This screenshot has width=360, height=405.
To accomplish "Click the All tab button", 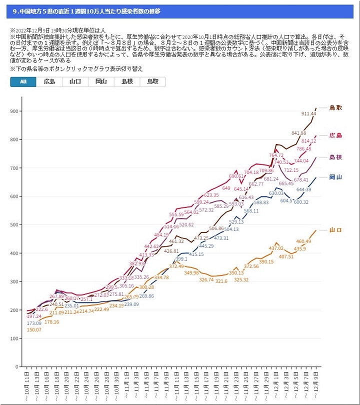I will tap(23, 82).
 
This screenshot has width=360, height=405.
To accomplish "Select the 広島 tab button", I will tap(49, 82).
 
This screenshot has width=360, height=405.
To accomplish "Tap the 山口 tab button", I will tap(75, 82).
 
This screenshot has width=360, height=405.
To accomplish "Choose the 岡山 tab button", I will tap(101, 82).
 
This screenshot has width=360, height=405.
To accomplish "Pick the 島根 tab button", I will tap(127, 82).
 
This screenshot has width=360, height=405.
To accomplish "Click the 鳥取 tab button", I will tap(153, 82).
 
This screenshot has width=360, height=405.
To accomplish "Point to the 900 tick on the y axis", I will tap(14, 111).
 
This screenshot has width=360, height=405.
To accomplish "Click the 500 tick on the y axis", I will tap(14, 224).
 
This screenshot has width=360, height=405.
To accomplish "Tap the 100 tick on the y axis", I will tap(14, 338).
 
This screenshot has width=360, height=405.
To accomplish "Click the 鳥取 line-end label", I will tap(335, 107).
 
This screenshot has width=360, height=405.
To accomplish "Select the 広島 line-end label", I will tap(335, 135).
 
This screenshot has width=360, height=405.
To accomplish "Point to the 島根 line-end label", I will tap(335, 157).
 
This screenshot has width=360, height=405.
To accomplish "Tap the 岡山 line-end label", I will tap(335, 177).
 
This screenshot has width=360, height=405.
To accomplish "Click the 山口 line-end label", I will tap(335, 230).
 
